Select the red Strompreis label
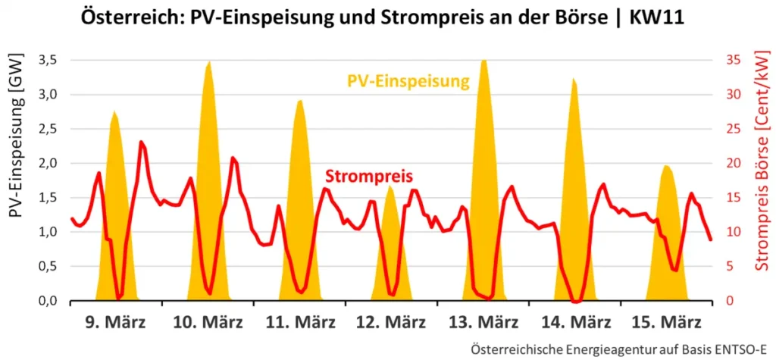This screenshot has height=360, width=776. pos(369,177)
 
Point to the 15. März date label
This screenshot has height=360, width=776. pos(666,322)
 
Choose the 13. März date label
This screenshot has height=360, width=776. pos(483,322)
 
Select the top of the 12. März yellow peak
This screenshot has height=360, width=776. pos(391,186)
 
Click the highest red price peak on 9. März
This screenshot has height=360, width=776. pos(141,142)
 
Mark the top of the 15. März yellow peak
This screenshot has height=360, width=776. pos(666,165)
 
